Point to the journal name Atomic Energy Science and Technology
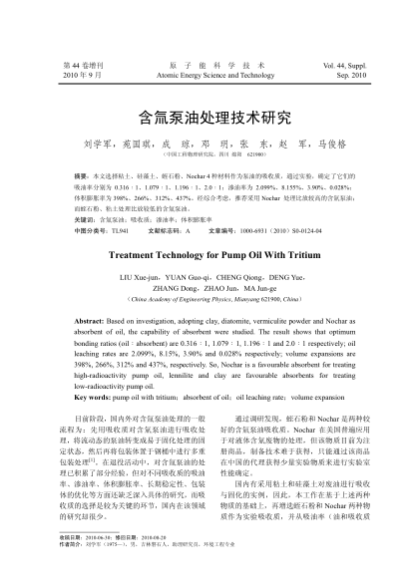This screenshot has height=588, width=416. pyautogui.click(x=208, y=74)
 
